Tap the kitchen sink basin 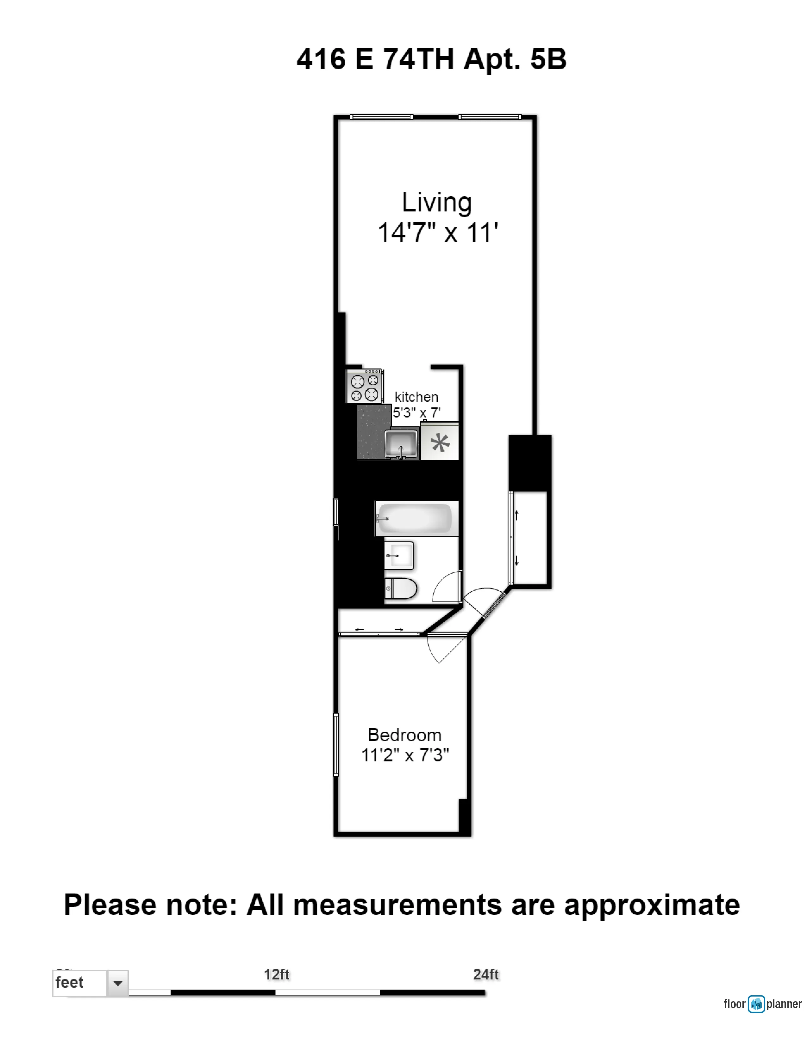pyautogui.click(x=401, y=444)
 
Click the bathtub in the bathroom pyautogui.click(x=416, y=518)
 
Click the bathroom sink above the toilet pyautogui.click(x=399, y=555)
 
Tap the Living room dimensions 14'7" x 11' pyautogui.click(x=437, y=233)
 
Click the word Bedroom pyautogui.click(x=404, y=735)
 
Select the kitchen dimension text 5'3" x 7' pyautogui.click(x=416, y=412)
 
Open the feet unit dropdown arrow pyautogui.click(x=118, y=983)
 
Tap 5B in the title pyautogui.click(x=548, y=59)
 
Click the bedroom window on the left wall pyautogui.click(x=336, y=745)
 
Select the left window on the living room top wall pyautogui.click(x=381, y=117)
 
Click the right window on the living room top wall pyautogui.click(x=490, y=117)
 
